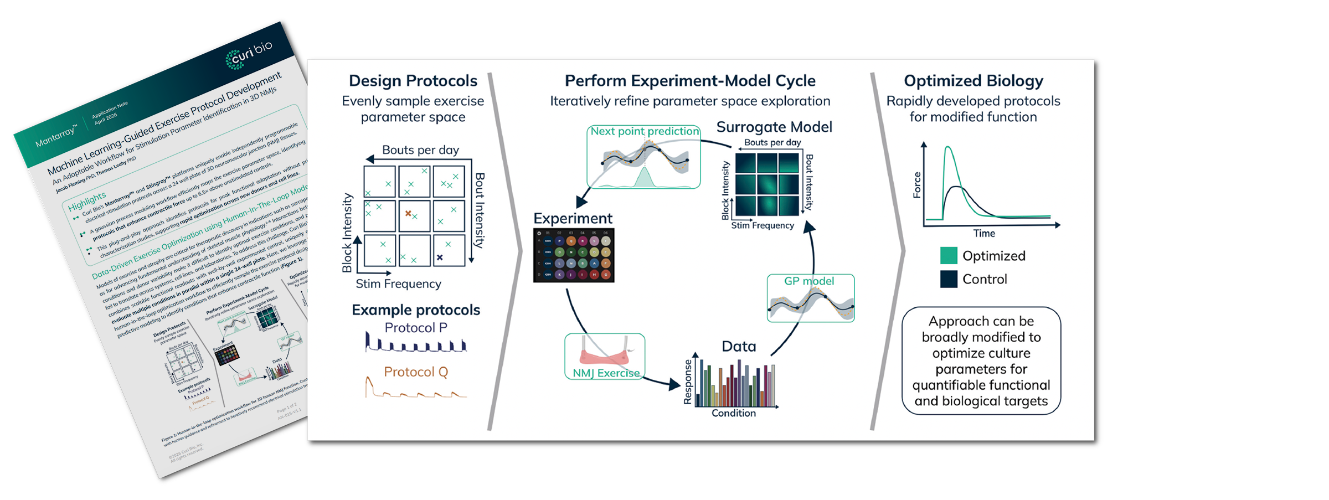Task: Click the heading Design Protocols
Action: (x=413, y=81)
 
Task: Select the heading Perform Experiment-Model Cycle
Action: (x=690, y=81)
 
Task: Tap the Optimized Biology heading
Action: (x=973, y=81)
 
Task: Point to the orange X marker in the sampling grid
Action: (x=408, y=213)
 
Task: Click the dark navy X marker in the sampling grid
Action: (x=440, y=257)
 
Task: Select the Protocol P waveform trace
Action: (x=415, y=344)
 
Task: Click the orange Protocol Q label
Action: (x=416, y=372)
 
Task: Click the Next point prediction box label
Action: (x=645, y=131)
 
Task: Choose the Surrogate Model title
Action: (x=774, y=127)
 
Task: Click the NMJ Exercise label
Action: (x=606, y=373)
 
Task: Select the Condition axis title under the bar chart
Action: (x=733, y=413)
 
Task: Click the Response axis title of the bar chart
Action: (x=688, y=382)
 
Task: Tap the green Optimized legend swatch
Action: (x=949, y=256)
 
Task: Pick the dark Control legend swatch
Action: (x=949, y=279)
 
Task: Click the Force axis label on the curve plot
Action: (x=917, y=185)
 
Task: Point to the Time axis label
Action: (x=984, y=233)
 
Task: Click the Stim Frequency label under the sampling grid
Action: (x=398, y=283)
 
